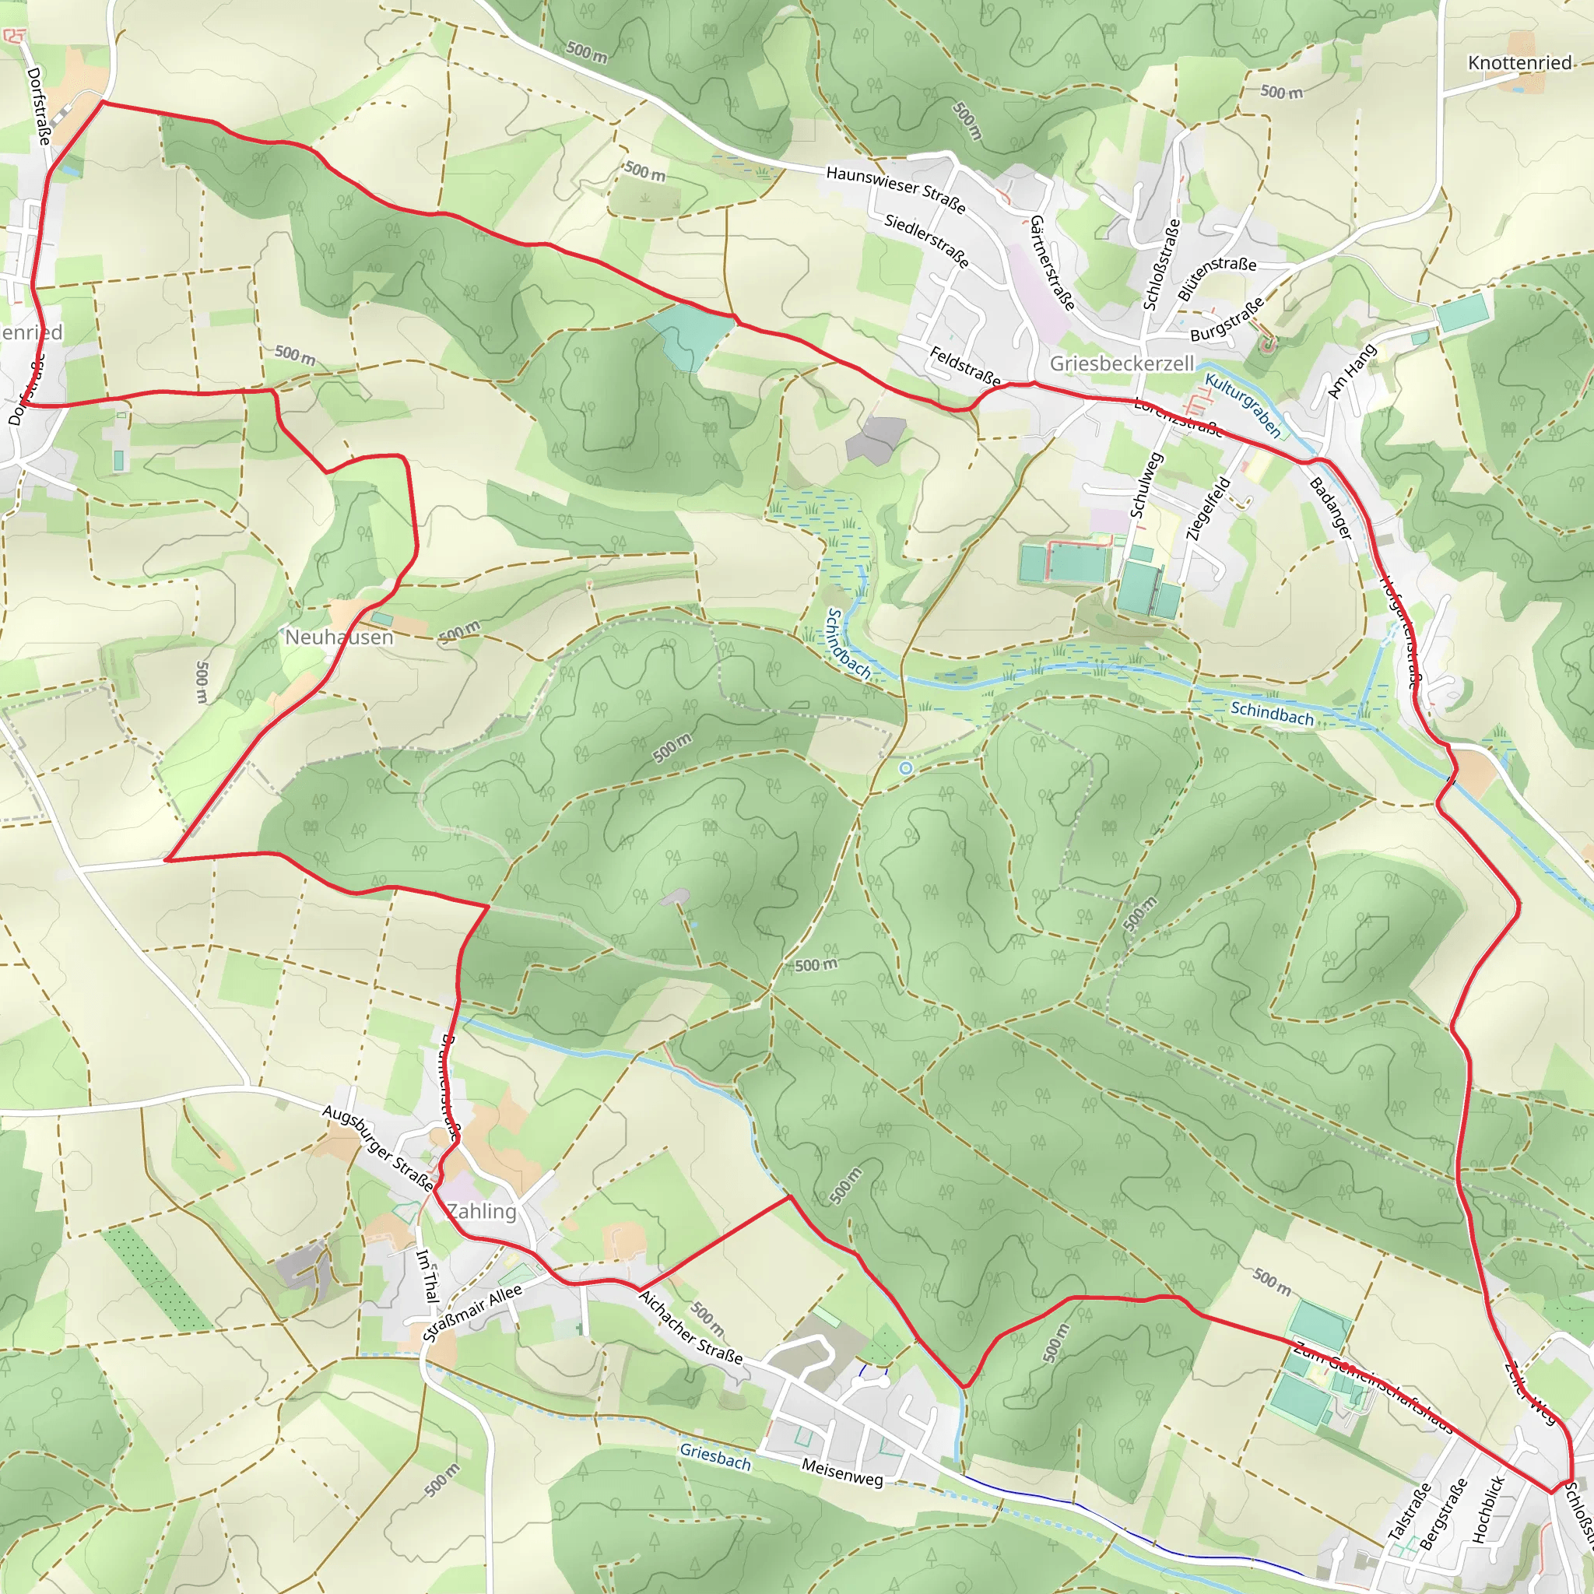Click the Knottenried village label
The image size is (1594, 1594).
1520,63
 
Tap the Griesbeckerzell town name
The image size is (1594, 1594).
1122,363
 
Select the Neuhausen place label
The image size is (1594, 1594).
339,637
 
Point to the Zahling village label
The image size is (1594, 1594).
482,1211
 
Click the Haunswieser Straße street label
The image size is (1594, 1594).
895,189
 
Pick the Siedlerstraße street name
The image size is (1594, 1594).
926,240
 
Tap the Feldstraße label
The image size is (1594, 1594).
964,366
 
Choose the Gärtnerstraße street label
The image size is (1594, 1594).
1052,262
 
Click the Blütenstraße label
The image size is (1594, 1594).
1217,277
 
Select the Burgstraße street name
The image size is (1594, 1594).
1227,319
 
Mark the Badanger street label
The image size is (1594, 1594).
1331,509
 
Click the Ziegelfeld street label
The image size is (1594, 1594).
1208,508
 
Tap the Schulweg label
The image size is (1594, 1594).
1146,485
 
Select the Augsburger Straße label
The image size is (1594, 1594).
377,1148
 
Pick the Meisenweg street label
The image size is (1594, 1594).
841,1471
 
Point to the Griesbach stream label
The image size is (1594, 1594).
715,1455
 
